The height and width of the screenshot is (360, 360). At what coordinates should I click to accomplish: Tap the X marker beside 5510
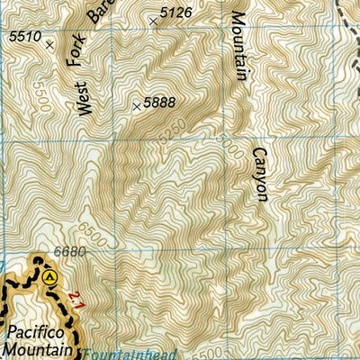pos(49,42)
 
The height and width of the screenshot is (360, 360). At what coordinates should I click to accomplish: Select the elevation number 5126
pos(175,13)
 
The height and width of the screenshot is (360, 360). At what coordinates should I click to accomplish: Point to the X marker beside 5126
pos(155,20)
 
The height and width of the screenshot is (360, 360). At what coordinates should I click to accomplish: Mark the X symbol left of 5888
pos(137,106)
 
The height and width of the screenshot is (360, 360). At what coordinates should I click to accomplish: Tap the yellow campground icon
pos(50,277)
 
